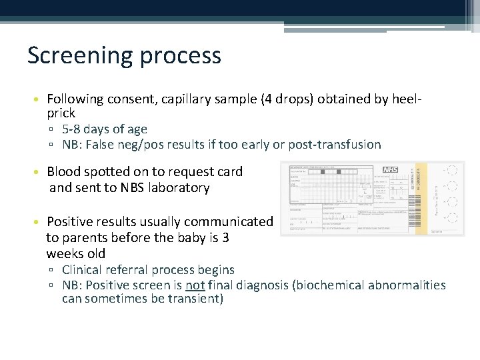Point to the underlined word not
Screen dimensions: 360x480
195,285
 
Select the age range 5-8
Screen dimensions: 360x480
73,129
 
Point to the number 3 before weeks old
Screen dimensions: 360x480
225,237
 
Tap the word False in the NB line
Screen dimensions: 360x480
105,145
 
